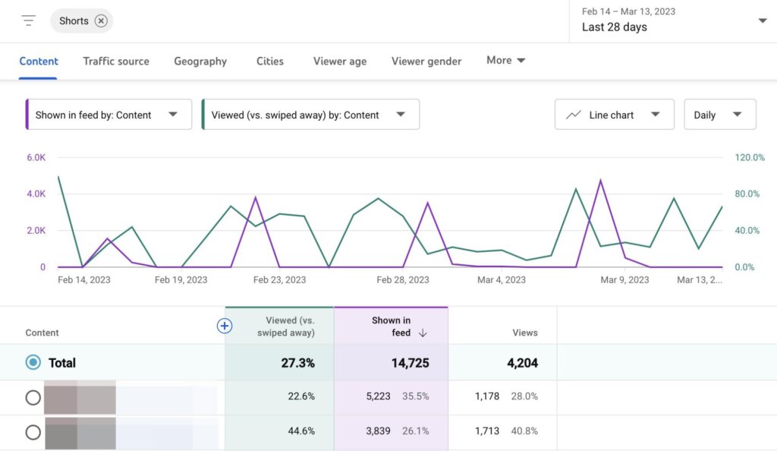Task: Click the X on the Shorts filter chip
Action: coord(101,21)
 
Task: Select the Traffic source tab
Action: coord(116,61)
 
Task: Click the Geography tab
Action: coord(200,61)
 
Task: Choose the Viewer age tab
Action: coord(340,61)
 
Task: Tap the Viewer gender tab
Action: coord(426,61)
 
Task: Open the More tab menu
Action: coord(506,61)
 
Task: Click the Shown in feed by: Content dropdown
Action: coord(109,115)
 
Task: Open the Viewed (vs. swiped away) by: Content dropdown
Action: coord(310,115)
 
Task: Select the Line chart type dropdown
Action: coord(615,115)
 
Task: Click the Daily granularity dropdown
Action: coord(719,115)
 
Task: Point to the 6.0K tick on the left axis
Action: coord(36,157)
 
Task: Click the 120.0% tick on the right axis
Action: coord(750,157)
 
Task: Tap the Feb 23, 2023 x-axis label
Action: coord(279,279)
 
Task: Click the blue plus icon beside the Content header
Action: coord(224,326)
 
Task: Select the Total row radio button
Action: coord(33,362)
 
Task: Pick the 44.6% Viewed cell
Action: coord(301,430)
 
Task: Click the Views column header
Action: coord(524,333)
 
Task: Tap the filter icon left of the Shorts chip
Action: coord(29,20)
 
